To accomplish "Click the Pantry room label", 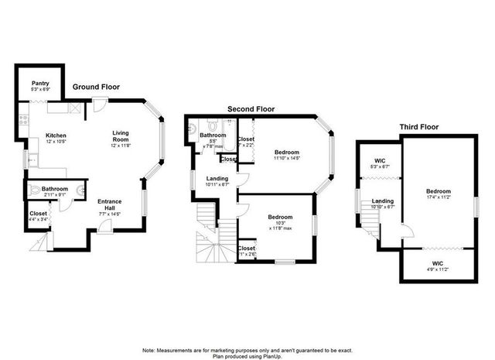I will pyautogui.click(x=41, y=83).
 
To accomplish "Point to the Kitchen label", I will pyautogui.click(x=56, y=133).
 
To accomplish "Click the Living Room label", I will pyautogui.click(x=121, y=135).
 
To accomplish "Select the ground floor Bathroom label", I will pyautogui.click(x=54, y=189).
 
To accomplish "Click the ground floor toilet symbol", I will pyautogui.click(x=33, y=189).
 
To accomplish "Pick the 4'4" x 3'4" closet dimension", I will pyautogui.click(x=39, y=219).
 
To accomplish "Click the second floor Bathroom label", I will pyautogui.click(x=213, y=135).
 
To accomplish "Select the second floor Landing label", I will pyautogui.click(x=217, y=179).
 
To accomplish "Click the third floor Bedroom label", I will pyautogui.click(x=438, y=191).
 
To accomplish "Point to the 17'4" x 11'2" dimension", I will pyautogui.click(x=438, y=198).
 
